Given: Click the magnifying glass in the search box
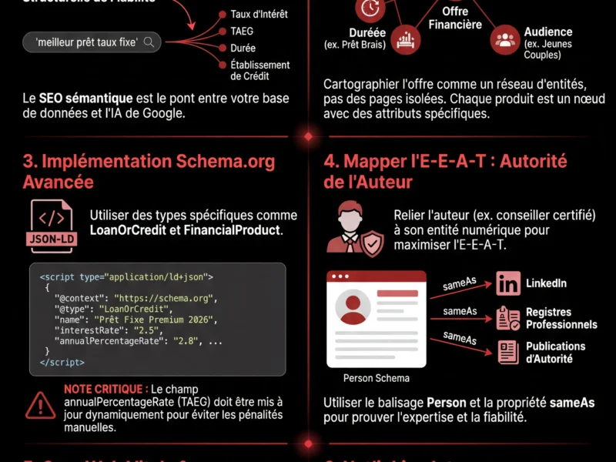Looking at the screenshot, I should pos(149,42).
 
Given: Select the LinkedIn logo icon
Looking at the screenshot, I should pos(508,283).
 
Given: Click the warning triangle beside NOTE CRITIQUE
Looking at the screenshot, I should pos(39,405).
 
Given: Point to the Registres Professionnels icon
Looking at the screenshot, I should pos(508,318).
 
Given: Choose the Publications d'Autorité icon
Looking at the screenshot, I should pos(508,352).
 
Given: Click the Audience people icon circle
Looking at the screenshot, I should pos(505,41).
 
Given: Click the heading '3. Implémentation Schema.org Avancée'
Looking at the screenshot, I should pos(148,171).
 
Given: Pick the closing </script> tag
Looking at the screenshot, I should pos(62,361).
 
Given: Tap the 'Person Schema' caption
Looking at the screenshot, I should pos(376,378).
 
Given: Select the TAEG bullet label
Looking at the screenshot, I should pos(242,32).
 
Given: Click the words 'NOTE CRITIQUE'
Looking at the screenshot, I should pos(105,390).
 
